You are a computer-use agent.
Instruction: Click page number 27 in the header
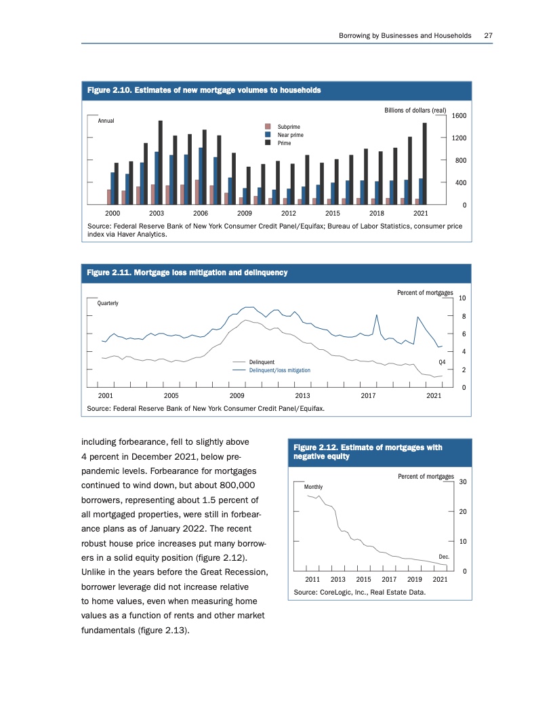click(x=488, y=35)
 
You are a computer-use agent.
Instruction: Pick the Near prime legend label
click(x=291, y=135)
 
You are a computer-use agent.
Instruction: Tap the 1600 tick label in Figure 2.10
click(x=459, y=116)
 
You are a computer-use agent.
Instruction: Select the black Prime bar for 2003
click(x=160, y=162)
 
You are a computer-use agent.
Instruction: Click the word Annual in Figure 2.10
click(x=107, y=121)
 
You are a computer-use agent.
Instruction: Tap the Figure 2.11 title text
click(x=188, y=273)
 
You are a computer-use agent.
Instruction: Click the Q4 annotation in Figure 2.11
click(x=443, y=362)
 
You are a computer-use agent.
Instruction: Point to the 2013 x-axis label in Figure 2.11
click(x=302, y=395)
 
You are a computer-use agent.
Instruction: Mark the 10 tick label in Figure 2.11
click(x=462, y=298)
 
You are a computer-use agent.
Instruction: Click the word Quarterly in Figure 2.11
click(x=108, y=303)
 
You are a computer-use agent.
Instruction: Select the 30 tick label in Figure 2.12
click(x=464, y=481)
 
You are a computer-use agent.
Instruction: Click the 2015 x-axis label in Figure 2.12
click(x=363, y=579)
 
